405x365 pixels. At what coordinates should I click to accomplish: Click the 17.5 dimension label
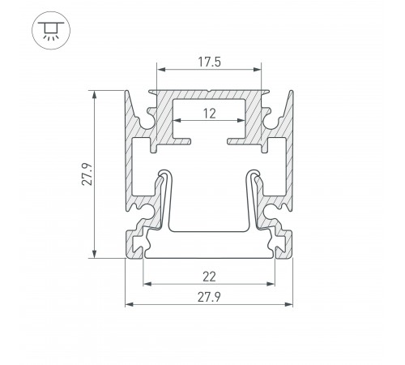209,62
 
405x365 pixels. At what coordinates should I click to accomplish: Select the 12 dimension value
210,114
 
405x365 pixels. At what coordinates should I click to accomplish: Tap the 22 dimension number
209,277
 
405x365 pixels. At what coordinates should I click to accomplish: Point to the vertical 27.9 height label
87,174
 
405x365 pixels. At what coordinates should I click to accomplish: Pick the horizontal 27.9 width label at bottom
209,298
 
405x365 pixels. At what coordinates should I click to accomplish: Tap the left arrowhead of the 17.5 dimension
161,70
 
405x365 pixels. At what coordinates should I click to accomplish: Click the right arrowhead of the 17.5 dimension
258,70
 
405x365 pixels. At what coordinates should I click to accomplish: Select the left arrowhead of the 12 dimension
177,120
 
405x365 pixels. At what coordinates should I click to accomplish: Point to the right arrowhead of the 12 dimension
241,120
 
